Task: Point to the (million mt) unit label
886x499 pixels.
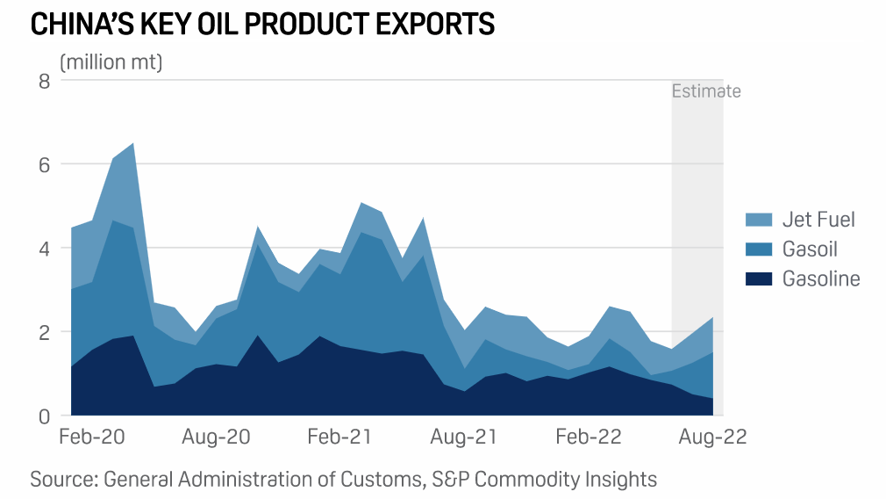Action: pyautogui.click(x=111, y=63)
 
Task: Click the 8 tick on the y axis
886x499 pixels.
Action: pyautogui.click(x=44, y=82)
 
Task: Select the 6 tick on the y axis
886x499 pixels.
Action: pyautogui.click(x=44, y=165)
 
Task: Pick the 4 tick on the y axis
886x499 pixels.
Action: pyautogui.click(x=44, y=249)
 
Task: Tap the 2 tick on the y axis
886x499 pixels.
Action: pyautogui.click(x=44, y=332)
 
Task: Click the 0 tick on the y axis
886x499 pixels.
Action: pyautogui.click(x=44, y=416)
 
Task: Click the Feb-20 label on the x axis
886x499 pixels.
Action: pyautogui.click(x=90, y=438)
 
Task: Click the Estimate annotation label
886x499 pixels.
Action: pyautogui.click(x=706, y=91)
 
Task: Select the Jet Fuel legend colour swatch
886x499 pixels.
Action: pyautogui.click(x=758, y=220)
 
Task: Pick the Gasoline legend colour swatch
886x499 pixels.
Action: pyautogui.click(x=758, y=279)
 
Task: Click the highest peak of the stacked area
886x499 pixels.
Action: pyautogui.click(x=132, y=143)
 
